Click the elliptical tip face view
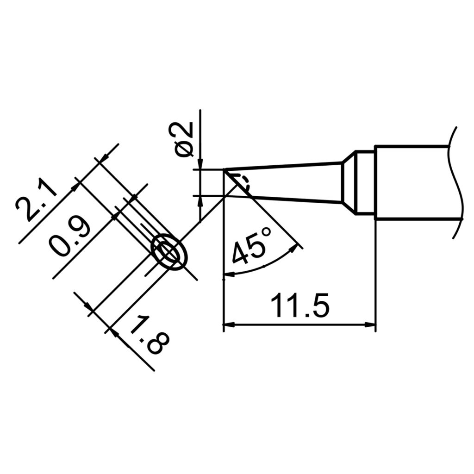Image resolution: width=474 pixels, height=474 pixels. tap(169, 251)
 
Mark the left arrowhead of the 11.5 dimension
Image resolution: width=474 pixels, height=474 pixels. tap(228, 324)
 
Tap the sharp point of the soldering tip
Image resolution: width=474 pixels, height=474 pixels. tap(225, 170)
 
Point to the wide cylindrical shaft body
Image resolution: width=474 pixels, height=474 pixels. tap(412, 182)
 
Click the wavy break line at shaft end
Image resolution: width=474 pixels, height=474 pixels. tap(456, 182)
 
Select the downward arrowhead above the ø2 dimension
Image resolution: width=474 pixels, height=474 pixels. tap(200, 165)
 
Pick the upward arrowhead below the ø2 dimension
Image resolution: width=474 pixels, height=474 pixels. tap(200, 200)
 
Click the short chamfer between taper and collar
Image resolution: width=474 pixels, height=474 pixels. tap(349, 182)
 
